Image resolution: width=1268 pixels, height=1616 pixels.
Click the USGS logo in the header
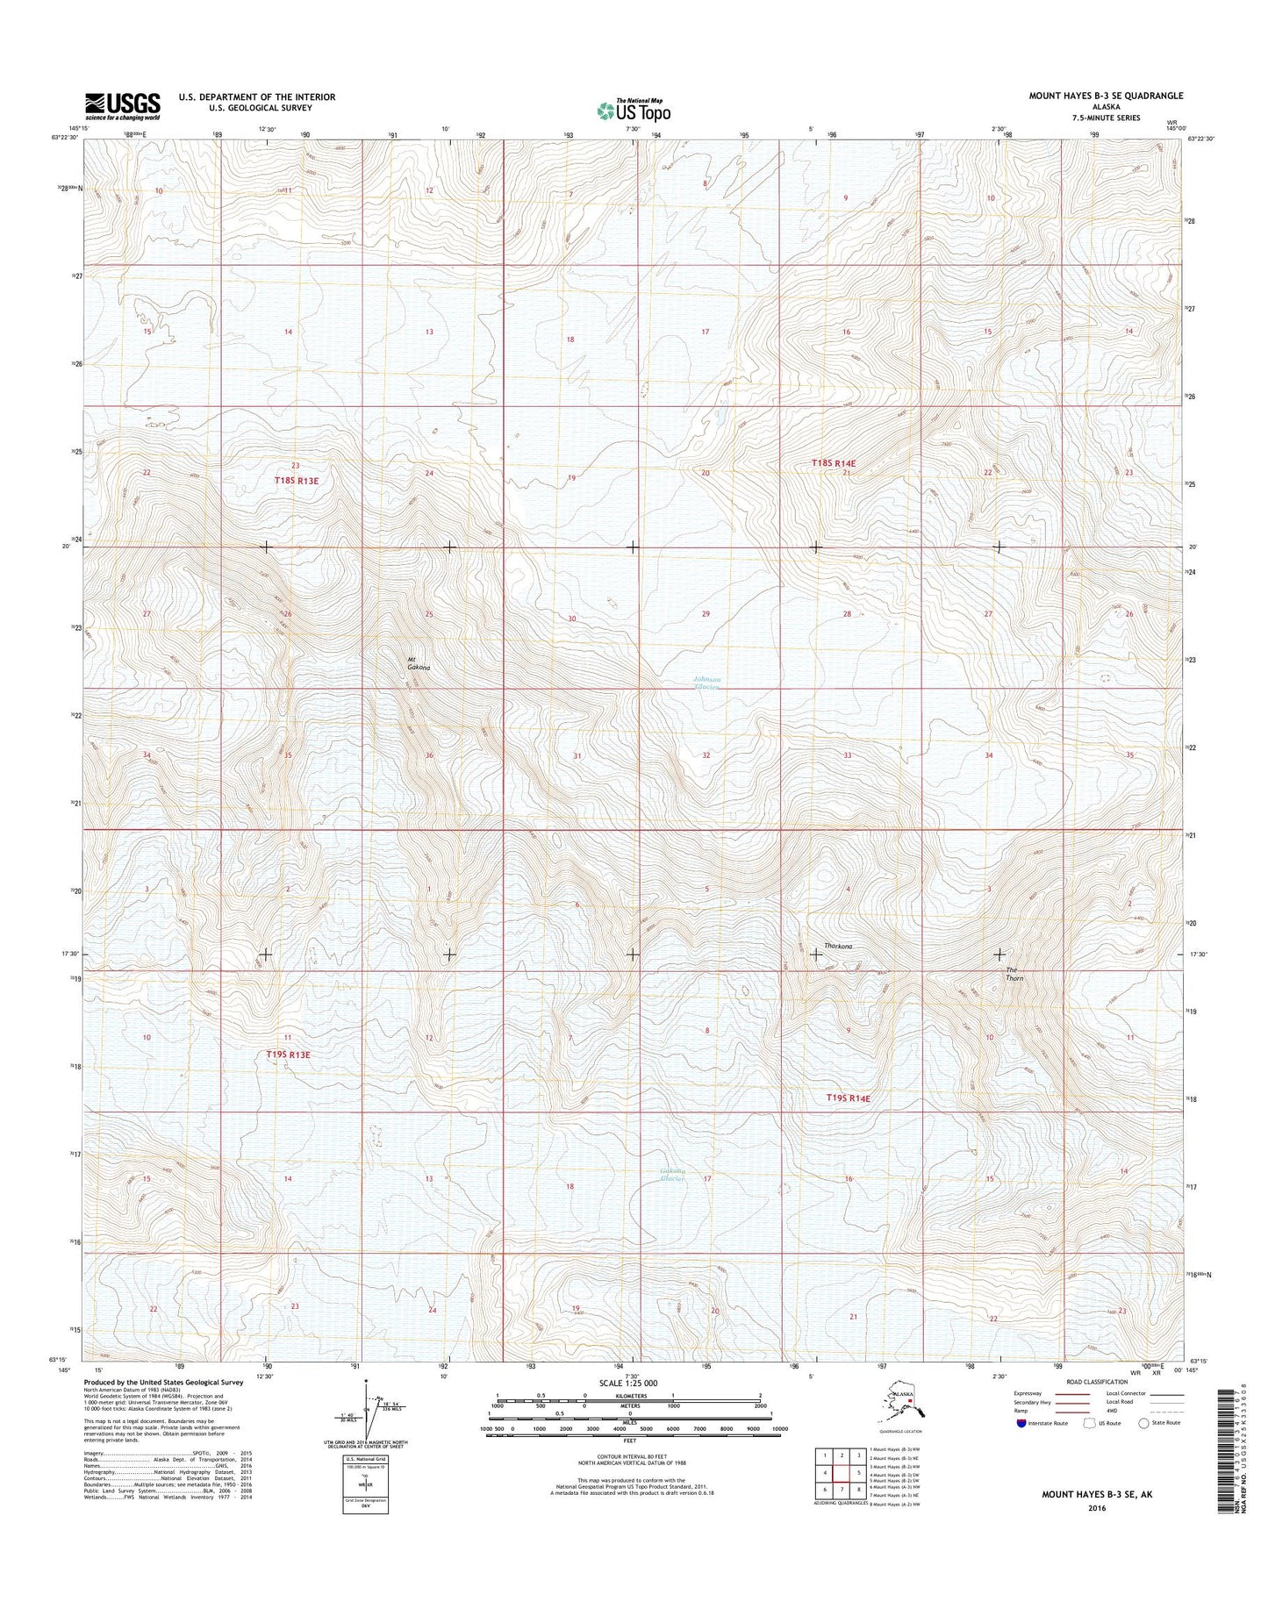coord(122,106)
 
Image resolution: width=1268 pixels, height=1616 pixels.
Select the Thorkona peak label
coord(839,946)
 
